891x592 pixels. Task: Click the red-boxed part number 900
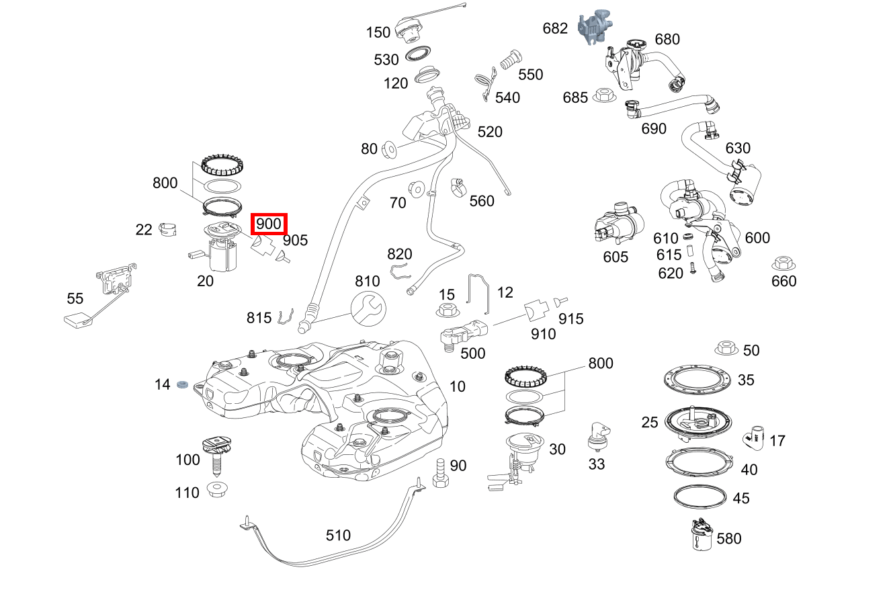pyautogui.click(x=269, y=224)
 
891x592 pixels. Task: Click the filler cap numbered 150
pyautogui.click(x=408, y=29)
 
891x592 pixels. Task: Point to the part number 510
pyautogui.click(x=338, y=536)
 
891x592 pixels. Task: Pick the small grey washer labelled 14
pyautogui.click(x=181, y=384)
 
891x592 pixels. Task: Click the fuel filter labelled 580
pyautogui.click(x=701, y=536)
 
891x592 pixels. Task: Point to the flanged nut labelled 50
pyautogui.click(x=725, y=348)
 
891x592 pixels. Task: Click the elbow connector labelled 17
pyautogui.click(x=755, y=437)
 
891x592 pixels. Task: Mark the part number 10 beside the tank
pyautogui.click(x=457, y=386)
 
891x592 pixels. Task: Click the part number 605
pyautogui.click(x=616, y=257)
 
